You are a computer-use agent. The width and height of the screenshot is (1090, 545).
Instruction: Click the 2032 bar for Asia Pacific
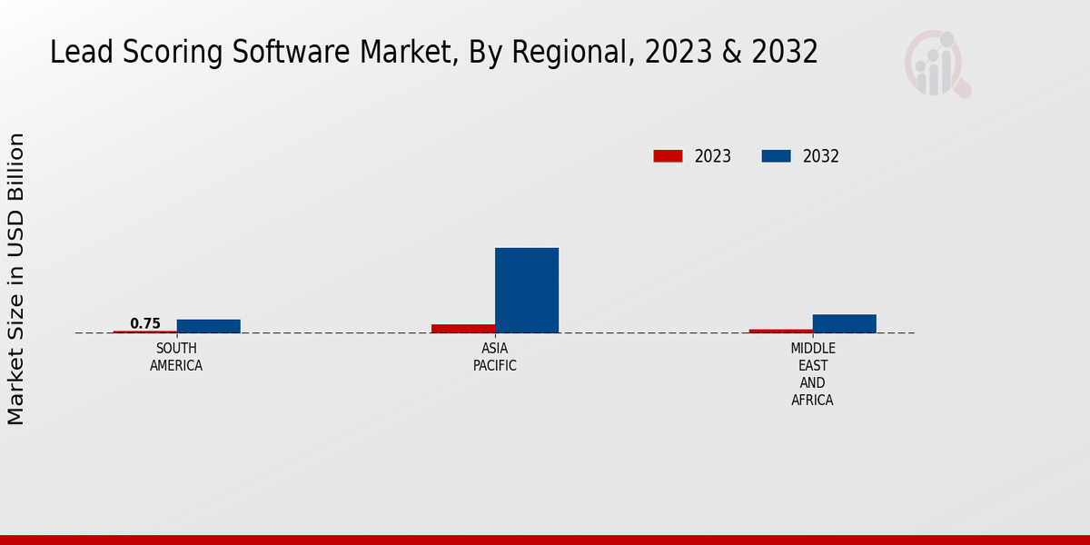527,290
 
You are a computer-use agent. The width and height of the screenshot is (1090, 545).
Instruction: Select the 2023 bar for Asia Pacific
463,328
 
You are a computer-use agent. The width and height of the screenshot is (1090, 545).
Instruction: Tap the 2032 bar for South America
209,326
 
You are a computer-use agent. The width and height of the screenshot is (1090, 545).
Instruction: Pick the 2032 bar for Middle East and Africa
845,323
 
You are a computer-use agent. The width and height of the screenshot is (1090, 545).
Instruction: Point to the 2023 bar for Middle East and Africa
781,331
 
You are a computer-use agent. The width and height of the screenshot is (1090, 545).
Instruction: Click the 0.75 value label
145,323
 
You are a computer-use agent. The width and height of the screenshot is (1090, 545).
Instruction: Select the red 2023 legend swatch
668,156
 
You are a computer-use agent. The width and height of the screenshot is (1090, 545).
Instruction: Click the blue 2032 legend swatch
776,156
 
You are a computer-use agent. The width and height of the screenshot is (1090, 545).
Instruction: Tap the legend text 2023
713,156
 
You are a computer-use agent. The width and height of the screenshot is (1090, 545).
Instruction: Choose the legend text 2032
821,156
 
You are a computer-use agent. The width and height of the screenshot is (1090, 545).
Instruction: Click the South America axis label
176,357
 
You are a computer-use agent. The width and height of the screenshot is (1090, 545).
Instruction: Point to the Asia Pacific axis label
495,357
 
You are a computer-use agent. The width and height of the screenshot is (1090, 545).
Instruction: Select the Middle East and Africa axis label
813,374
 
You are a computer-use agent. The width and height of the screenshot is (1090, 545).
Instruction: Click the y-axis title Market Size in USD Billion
16,279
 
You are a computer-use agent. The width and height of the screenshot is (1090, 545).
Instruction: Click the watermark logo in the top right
936,64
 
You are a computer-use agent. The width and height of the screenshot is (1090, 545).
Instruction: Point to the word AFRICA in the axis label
813,401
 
